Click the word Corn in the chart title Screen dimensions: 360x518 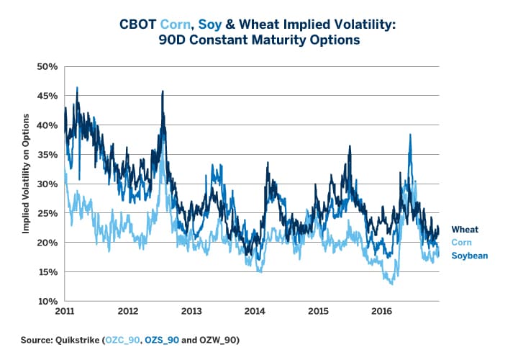click(x=201, y=25)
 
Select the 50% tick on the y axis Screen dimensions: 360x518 click(x=47, y=66)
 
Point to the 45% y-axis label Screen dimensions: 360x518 click(x=47, y=96)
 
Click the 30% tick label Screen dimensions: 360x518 click(x=47, y=184)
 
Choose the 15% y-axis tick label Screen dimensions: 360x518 click(x=47, y=272)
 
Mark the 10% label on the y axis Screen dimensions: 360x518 click(x=47, y=301)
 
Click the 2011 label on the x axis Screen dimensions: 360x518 click(x=65, y=312)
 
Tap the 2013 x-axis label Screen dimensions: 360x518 click(x=190, y=312)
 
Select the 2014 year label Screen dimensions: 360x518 click(x=253, y=312)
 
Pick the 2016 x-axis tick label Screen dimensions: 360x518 click(x=379, y=312)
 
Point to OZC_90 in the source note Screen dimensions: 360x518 click(x=122, y=338)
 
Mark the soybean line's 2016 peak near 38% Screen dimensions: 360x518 click(x=410, y=135)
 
